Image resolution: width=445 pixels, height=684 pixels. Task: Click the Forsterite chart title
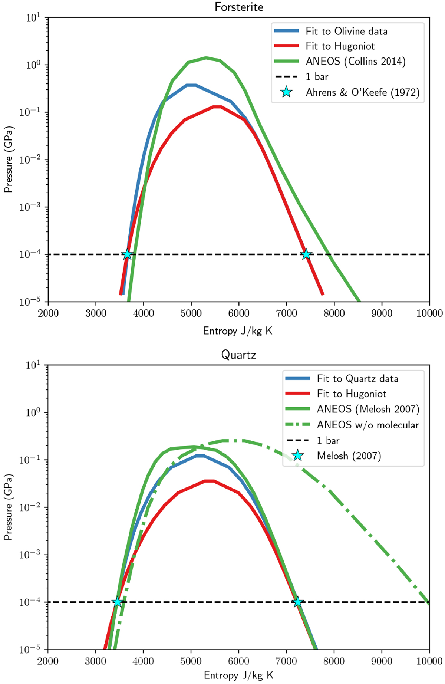(x=239, y=7)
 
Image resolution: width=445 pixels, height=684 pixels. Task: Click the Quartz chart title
(x=238, y=355)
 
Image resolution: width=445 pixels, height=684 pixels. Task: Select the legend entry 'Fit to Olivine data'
(x=346, y=31)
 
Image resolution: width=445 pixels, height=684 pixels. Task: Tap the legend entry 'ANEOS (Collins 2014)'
(x=355, y=61)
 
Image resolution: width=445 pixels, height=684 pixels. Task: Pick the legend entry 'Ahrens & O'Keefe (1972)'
(x=362, y=92)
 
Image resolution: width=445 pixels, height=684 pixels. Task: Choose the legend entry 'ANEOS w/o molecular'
(x=367, y=425)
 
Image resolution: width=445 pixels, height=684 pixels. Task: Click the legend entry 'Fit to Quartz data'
(x=357, y=379)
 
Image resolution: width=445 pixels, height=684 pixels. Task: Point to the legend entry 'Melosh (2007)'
(x=349, y=456)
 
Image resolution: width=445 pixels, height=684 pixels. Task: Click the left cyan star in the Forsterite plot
(x=128, y=254)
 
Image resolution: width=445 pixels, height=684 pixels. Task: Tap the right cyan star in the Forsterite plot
(x=306, y=254)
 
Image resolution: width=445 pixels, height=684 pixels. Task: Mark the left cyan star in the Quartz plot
(x=118, y=602)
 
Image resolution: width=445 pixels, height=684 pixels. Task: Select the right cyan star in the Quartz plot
(x=297, y=602)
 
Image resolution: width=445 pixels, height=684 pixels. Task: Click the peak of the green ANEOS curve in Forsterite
(x=206, y=57)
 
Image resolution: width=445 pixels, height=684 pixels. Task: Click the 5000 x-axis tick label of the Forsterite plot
(x=191, y=313)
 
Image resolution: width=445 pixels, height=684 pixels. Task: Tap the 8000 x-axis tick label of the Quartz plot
(x=334, y=661)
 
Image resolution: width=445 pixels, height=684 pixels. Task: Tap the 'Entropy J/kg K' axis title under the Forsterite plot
(x=238, y=331)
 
